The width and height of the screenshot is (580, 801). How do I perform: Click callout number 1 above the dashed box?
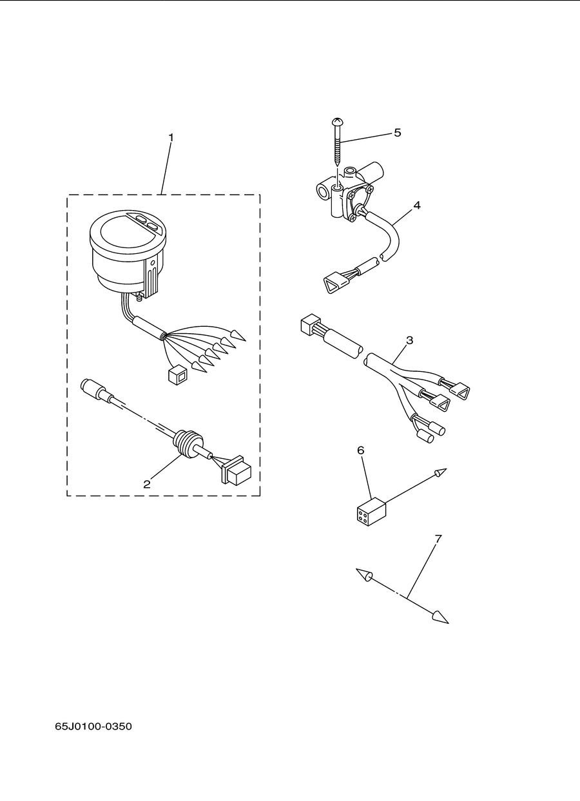(x=171, y=138)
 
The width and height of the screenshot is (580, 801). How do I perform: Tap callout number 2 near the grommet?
(x=146, y=485)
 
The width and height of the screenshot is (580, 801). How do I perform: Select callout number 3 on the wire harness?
(x=409, y=340)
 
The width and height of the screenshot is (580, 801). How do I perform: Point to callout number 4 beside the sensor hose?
(x=416, y=206)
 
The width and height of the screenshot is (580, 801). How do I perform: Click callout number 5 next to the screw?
(x=398, y=133)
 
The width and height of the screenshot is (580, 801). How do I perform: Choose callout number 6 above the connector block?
(x=361, y=450)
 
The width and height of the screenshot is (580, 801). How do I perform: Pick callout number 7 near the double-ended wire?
(x=438, y=548)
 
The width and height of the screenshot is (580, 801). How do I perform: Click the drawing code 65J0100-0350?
(x=93, y=726)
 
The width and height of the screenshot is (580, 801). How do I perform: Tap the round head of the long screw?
(x=337, y=122)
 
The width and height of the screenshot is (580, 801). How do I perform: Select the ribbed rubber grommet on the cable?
(x=187, y=445)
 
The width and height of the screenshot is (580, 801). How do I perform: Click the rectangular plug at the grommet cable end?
(x=237, y=470)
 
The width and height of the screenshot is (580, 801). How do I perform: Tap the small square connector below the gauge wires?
(x=177, y=374)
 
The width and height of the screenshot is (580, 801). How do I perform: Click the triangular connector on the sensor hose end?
(x=336, y=285)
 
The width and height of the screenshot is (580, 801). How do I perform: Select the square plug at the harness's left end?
(x=311, y=324)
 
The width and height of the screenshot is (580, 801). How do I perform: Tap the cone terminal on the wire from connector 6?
(x=441, y=472)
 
